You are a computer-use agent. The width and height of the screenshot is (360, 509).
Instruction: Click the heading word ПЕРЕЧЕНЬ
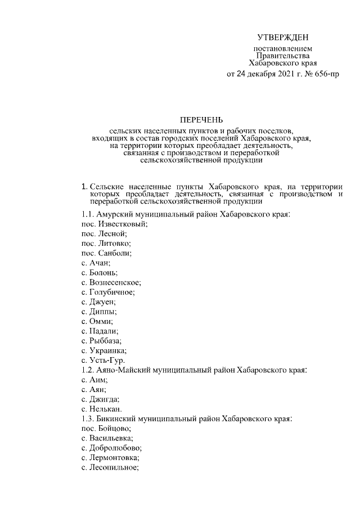[x=201, y=119]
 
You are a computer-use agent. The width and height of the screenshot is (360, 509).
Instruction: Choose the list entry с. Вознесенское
[x=111, y=282]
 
